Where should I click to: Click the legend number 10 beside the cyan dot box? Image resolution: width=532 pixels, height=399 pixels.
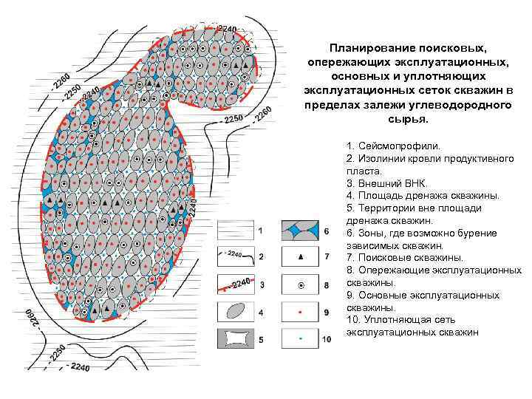coord(328,339)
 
